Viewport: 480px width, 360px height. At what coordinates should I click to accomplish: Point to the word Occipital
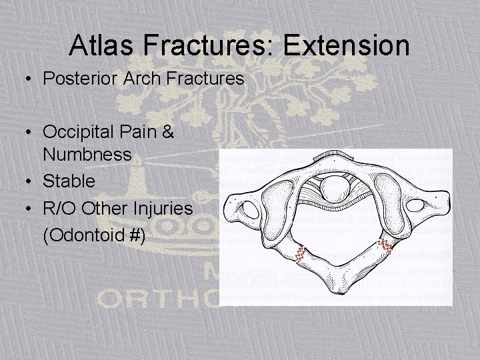coord(79,132)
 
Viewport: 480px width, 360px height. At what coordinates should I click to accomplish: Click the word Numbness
coord(87,155)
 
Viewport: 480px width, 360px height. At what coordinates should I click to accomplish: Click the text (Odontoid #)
coord(94,236)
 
